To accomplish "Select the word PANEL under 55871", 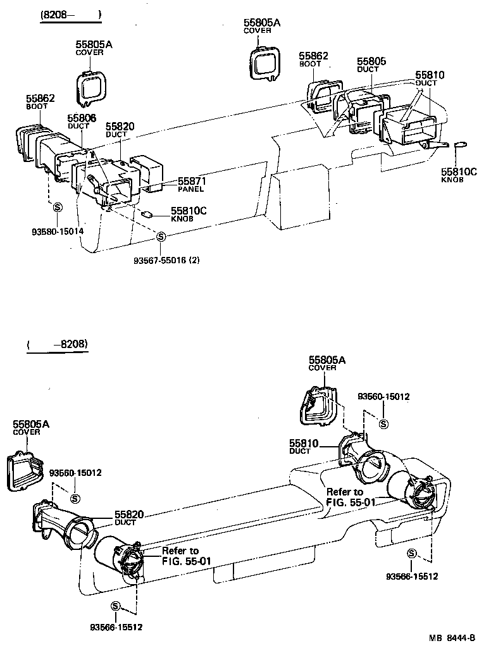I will point(190,189).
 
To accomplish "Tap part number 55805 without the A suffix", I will point(371,61).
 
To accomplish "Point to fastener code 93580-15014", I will point(58,231).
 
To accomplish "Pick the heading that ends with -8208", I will point(58,345).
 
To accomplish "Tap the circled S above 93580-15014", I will point(57,207).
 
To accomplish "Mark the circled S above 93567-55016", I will point(161,237).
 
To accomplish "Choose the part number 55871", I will point(192,181).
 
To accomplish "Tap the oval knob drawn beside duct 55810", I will point(463,144).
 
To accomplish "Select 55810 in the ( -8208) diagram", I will point(304,444).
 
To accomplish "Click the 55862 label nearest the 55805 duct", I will point(314,56).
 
